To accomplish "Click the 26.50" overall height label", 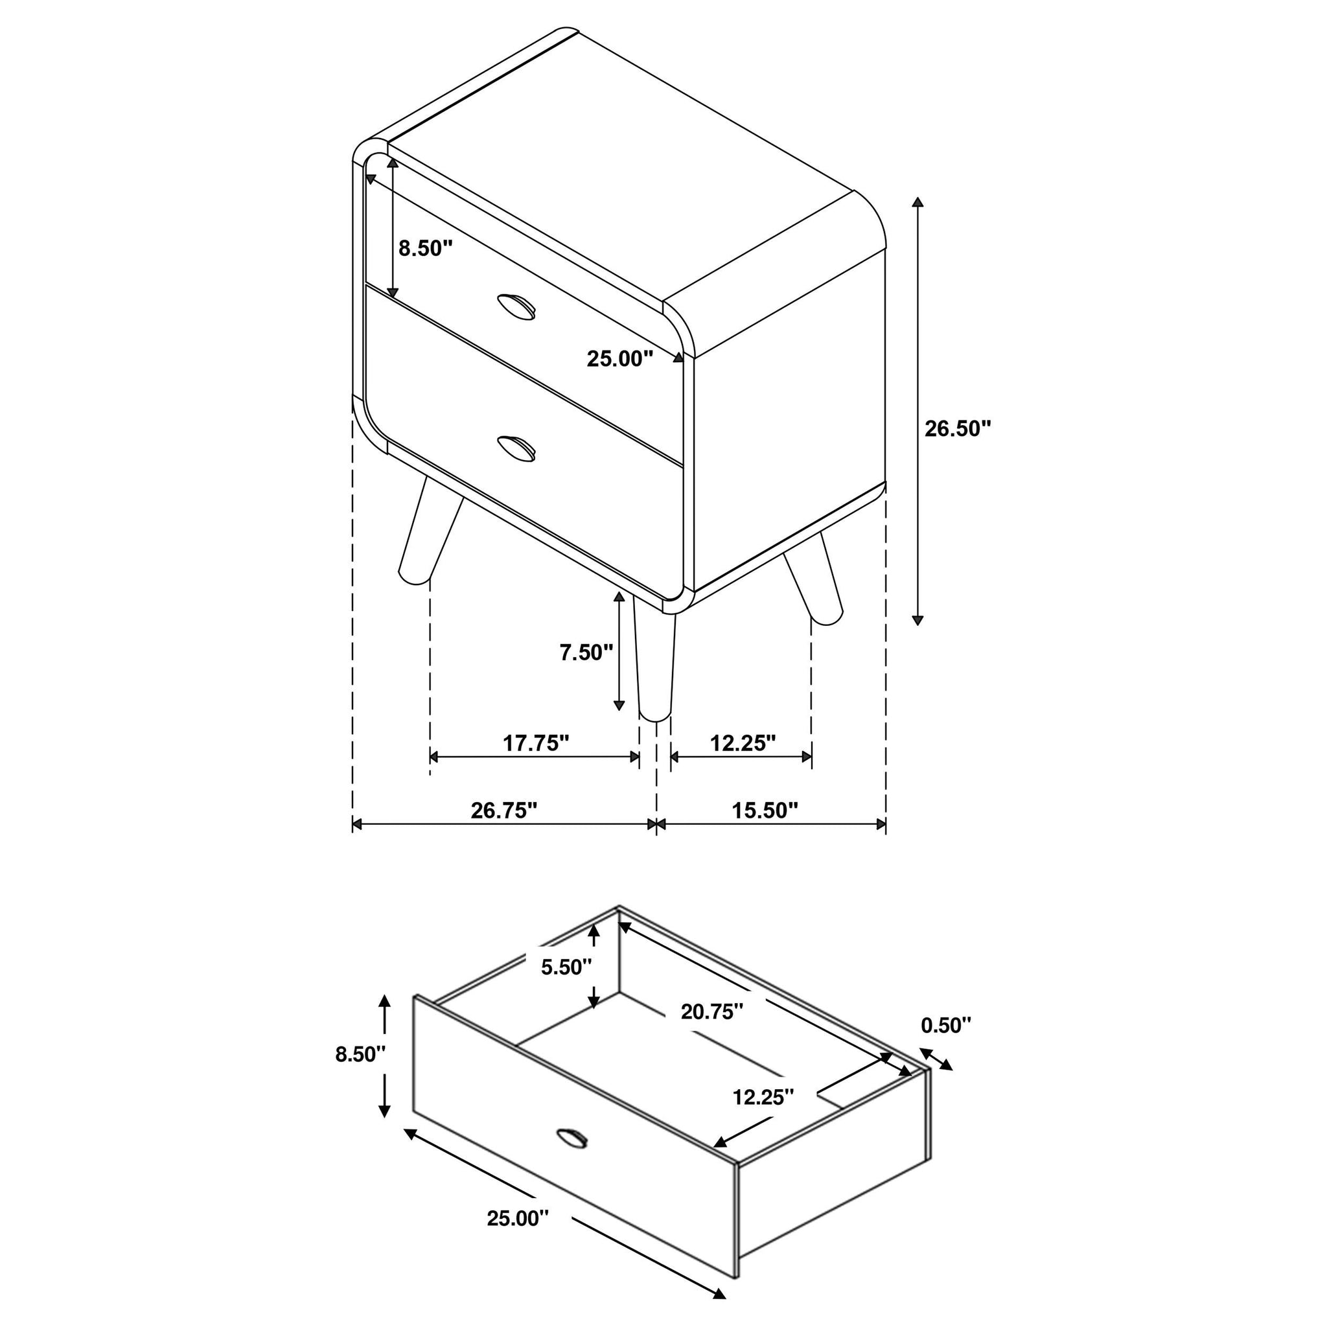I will pyautogui.click(x=958, y=428).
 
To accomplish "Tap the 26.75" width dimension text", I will pyautogui.click(x=503, y=811).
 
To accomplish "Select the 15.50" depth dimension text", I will pyautogui.click(x=765, y=811).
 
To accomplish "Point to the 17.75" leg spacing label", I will pyautogui.click(x=536, y=743).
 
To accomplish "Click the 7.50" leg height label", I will pyautogui.click(x=586, y=652).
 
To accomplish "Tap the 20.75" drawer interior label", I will pyautogui.click(x=712, y=1011).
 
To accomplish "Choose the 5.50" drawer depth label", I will pyautogui.click(x=566, y=967).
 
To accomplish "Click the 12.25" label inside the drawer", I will pyautogui.click(x=763, y=1098).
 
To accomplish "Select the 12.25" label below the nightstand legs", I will pyautogui.click(x=743, y=743).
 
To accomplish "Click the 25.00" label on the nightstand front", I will pyautogui.click(x=619, y=358).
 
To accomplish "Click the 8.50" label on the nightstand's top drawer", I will pyautogui.click(x=426, y=248).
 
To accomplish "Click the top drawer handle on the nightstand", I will pyautogui.click(x=516, y=306).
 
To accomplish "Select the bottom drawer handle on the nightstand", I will pyautogui.click(x=516, y=448).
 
